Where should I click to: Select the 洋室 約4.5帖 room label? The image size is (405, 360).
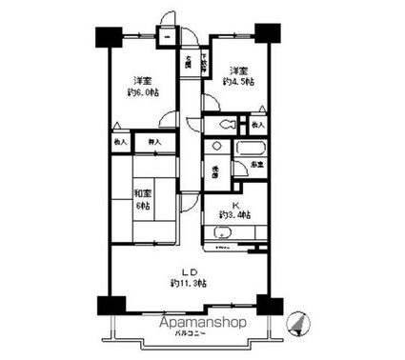click(x=237, y=75)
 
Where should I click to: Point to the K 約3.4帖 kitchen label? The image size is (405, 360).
click(x=233, y=210)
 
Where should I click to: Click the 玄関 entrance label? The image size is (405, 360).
click(x=187, y=64)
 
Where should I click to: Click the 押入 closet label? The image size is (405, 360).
click(x=153, y=143)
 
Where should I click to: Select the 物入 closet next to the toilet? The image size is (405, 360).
click(x=257, y=125)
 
